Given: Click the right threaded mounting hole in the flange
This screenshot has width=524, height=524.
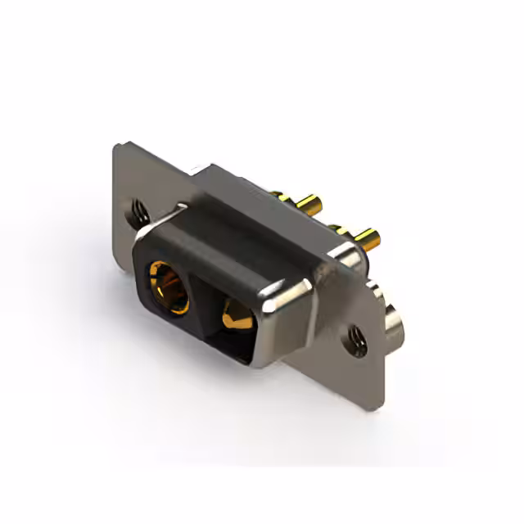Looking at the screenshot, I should (x=355, y=336).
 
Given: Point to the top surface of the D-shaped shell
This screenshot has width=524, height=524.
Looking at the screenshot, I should (x=237, y=233).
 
